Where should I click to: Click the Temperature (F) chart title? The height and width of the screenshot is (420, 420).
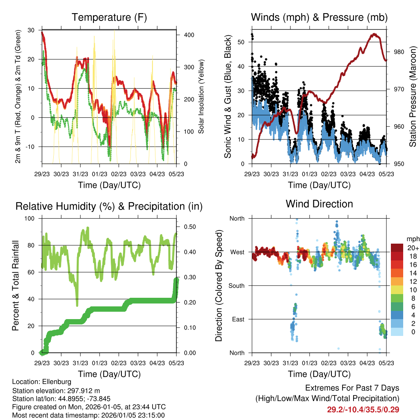tap(109, 18)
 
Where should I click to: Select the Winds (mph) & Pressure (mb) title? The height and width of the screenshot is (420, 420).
tap(319, 18)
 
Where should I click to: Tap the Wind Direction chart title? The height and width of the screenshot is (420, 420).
tap(319, 204)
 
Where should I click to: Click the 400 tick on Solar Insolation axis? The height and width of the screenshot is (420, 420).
tap(189, 35)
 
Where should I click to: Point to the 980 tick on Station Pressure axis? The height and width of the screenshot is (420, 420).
tap(399, 52)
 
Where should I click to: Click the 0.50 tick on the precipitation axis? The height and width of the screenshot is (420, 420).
tap(189, 227)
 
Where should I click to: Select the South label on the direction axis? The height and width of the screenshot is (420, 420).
tap(237, 285)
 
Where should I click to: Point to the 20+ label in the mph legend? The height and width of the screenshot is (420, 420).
tap(413, 248)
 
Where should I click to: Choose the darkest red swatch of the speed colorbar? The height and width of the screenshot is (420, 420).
tap(397, 248)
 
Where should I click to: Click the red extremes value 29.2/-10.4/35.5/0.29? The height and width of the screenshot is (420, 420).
tap(363, 409)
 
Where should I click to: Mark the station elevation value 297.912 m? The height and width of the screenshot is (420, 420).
tap(81, 390)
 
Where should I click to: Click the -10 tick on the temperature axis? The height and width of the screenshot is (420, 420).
tap(31, 146)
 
